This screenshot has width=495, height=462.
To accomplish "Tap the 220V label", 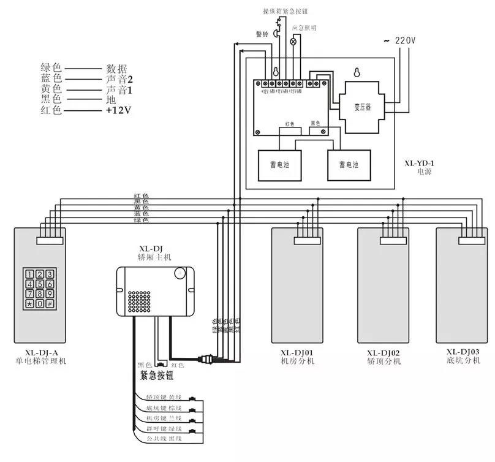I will (x=404, y=40).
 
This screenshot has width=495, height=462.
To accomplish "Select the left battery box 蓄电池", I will (x=280, y=165).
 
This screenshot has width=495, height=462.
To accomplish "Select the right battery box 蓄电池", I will (x=349, y=165).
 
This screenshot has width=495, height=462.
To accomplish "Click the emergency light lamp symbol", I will (x=293, y=42).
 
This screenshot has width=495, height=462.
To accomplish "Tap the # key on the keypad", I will (x=50, y=303).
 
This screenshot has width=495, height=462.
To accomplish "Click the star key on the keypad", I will (x=29, y=303).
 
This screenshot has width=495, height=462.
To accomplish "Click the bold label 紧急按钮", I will (x=158, y=376).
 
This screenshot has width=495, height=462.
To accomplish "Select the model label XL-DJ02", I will (x=384, y=353).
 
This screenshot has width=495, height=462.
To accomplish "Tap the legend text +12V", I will (x=119, y=110).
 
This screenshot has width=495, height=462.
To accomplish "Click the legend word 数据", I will (x=117, y=68).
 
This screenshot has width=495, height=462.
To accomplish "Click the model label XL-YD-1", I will (x=420, y=164).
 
